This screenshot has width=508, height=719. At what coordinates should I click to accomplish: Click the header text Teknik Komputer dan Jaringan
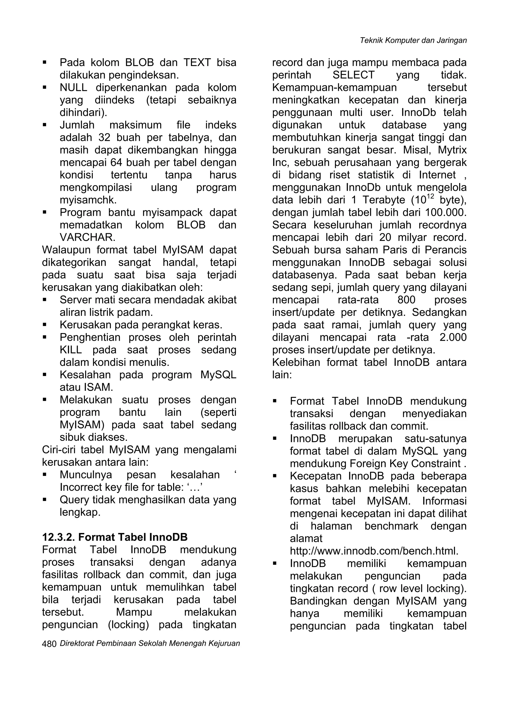413,40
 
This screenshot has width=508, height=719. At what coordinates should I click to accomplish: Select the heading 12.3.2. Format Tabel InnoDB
115,537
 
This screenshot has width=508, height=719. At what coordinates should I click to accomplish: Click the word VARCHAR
87,237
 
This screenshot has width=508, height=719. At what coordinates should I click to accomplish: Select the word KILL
71,350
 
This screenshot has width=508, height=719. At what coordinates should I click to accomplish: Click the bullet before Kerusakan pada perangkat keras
45,325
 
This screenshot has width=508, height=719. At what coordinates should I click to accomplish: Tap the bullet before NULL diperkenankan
45,87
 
